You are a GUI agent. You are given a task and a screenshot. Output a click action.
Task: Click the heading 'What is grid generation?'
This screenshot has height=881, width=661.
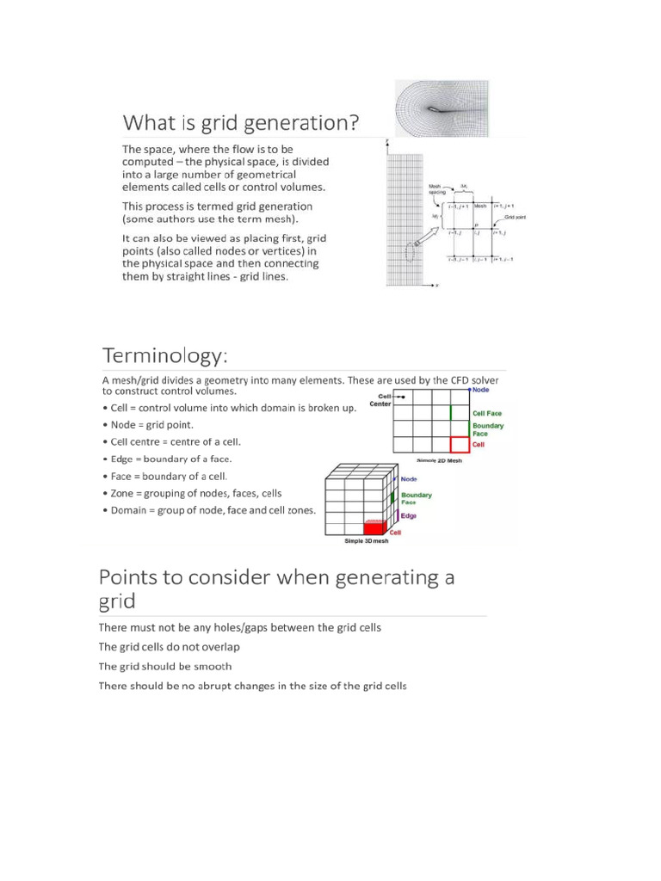pos(240,123)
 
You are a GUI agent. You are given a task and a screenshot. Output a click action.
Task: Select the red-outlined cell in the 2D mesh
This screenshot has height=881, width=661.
pos(460,444)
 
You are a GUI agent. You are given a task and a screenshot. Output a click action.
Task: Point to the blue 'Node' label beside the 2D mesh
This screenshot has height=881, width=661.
pos(480,389)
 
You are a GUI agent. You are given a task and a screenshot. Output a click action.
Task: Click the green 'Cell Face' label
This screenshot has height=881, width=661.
pos(488,413)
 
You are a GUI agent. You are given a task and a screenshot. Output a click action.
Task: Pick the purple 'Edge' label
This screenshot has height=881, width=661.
pos(409,515)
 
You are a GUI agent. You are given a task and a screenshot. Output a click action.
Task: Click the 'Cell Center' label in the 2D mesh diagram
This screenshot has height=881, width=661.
pos(380,399)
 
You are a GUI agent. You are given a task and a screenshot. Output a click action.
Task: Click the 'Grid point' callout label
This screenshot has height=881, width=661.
pos(514,217)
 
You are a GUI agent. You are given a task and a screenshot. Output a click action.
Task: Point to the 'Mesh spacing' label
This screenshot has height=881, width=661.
pos(437,188)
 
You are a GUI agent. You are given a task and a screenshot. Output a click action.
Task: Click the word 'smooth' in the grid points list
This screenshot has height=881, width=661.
pos(213,666)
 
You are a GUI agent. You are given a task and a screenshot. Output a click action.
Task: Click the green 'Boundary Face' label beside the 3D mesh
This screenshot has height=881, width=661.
pos(417,497)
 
